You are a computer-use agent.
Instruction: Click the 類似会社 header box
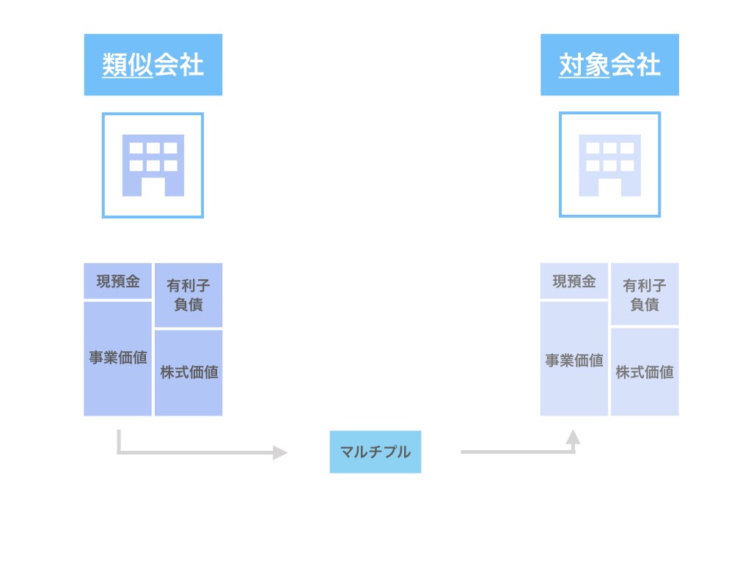[153, 65]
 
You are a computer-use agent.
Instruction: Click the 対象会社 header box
[609, 65]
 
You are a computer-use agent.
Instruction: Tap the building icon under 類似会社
[153, 165]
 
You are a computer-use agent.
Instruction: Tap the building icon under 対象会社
[609, 165]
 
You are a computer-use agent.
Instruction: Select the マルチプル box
[375, 452]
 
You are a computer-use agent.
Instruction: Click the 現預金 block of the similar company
[117, 281]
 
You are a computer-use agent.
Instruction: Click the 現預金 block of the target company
[574, 281]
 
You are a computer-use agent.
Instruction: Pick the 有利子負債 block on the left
[188, 295]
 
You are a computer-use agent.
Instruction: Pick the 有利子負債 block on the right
[645, 295]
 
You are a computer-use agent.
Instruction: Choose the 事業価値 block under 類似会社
[117, 358]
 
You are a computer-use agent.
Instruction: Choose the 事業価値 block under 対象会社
[574, 360]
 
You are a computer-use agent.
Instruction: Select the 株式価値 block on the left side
[188, 372]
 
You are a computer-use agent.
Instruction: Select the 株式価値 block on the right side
[645, 372]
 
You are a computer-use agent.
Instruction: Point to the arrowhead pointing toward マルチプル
[280, 452]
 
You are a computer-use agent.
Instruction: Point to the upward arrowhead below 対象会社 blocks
[574, 437]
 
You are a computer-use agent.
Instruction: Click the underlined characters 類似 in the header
[128, 65]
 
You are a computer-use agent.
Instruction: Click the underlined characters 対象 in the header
[585, 65]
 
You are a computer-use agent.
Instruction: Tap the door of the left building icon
[153, 187]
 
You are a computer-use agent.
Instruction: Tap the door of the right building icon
[609, 187]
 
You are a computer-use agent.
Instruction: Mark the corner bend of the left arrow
[119, 452]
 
